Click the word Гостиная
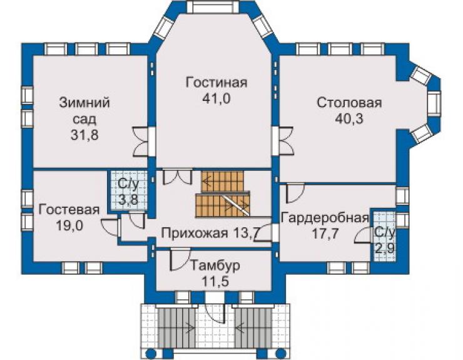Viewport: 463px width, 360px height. [216, 83]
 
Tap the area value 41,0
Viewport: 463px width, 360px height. [216, 99]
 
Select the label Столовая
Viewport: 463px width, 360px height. [349, 103]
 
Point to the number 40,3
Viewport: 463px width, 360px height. [349, 119]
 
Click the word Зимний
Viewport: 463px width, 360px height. [84, 103]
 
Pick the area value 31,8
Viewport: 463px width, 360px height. [84, 135]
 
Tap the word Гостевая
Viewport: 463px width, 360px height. [69, 210]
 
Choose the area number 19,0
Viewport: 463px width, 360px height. [69, 225]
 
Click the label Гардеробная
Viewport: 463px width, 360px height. [325, 218]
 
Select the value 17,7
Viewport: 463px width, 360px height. [325, 234]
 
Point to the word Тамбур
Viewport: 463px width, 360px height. [215, 265]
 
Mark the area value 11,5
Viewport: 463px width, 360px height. [215, 281]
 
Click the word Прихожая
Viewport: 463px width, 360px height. [195, 233]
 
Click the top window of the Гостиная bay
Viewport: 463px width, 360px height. [213, 7]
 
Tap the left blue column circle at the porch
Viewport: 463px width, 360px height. [151, 354]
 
